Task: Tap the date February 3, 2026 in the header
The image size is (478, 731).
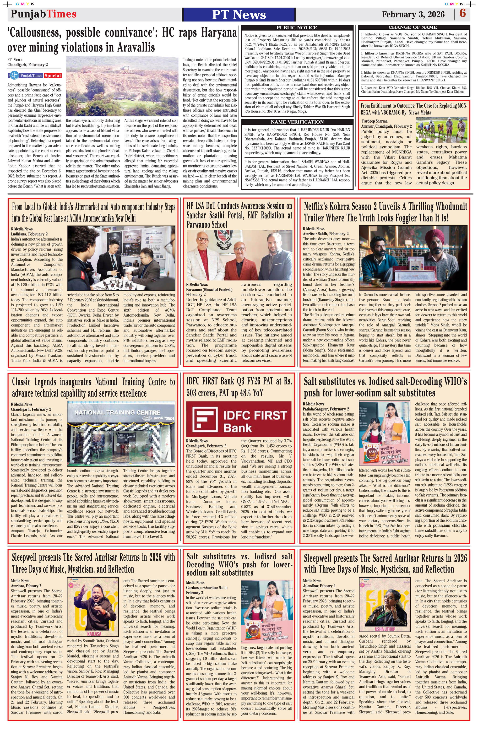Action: point(413,14)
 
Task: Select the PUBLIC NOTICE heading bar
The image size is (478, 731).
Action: point(296,28)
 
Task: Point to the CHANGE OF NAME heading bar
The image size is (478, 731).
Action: point(412,27)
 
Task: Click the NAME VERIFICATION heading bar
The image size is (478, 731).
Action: point(296,122)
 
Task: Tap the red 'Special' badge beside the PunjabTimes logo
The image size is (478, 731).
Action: point(53,76)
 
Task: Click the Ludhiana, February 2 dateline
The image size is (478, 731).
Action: point(29,234)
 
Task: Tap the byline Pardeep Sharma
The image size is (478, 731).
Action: point(375,121)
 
